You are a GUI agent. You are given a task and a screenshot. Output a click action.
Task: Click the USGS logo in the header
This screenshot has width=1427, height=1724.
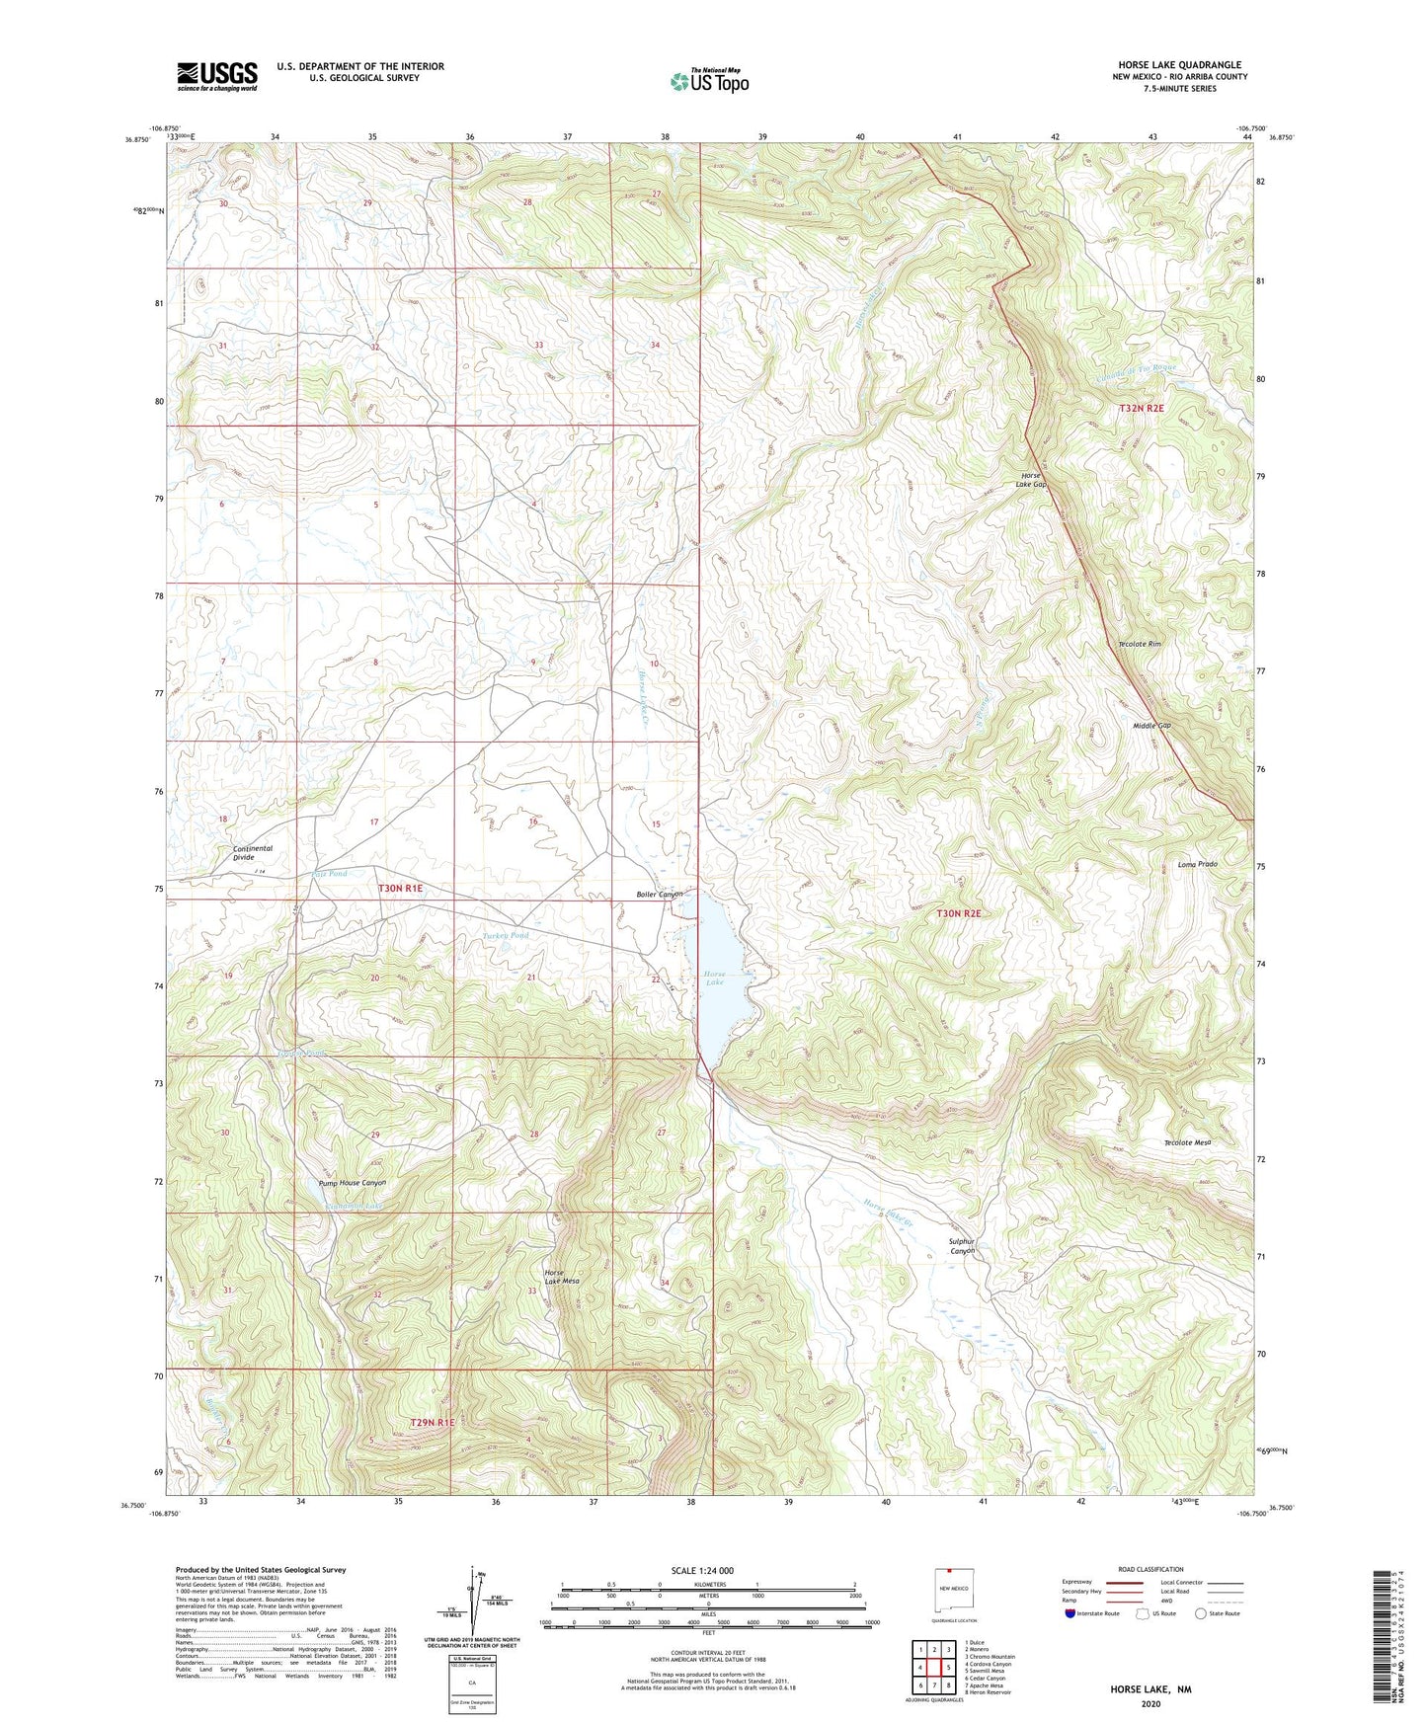pyautogui.click(x=217, y=76)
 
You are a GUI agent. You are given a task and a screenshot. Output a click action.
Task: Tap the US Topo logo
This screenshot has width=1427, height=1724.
pyautogui.click(x=709, y=81)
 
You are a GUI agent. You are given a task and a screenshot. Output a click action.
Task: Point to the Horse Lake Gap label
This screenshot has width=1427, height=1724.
pyautogui.click(x=1033, y=480)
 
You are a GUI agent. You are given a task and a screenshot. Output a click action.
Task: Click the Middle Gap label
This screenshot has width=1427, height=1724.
pyautogui.click(x=1150, y=726)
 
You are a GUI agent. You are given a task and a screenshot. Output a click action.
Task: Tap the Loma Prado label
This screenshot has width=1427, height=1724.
pyautogui.click(x=1197, y=864)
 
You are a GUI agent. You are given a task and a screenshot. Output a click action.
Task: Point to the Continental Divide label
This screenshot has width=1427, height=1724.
pyautogui.click(x=253, y=853)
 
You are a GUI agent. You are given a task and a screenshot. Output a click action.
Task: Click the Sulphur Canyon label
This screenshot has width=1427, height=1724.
pyautogui.click(x=962, y=1246)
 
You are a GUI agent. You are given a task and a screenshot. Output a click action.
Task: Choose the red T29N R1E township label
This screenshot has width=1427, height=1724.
pyautogui.click(x=432, y=1423)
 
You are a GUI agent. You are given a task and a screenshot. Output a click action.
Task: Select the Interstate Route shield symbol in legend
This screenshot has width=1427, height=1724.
pyautogui.click(x=1070, y=1613)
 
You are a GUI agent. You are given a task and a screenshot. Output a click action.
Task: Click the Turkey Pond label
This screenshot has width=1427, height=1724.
pyautogui.click(x=506, y=935)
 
